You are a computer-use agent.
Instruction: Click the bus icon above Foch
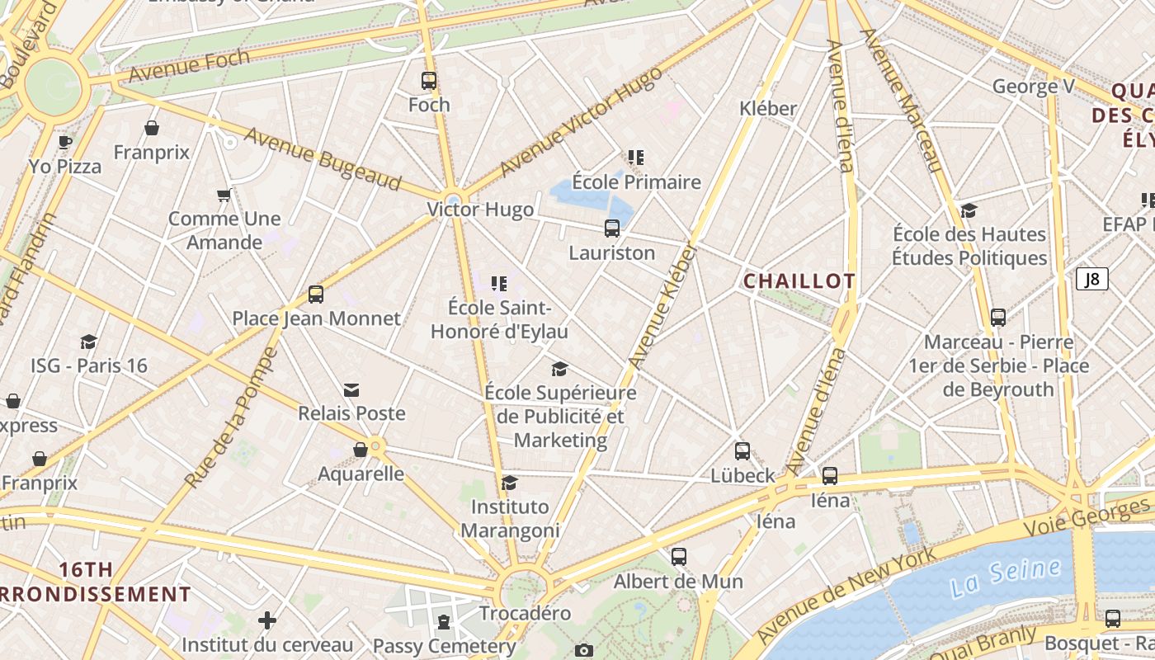click(x=429, y=81)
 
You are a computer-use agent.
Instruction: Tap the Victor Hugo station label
click(x=480, y=210)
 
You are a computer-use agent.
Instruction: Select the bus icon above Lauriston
click(x=611, y=229)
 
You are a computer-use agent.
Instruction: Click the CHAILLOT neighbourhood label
click(x=799, y=281)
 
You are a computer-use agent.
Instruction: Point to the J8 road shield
click(x=1091, y=279)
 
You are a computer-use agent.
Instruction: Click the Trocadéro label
click(x=525, y=613)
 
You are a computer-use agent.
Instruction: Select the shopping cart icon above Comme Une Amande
click(x=224, y=196)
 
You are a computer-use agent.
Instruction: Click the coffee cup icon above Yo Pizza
click(x=65, y=142)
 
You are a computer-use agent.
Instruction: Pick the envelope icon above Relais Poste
click(x=351, y=389)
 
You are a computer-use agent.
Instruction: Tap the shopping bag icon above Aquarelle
click(x=361, y=450)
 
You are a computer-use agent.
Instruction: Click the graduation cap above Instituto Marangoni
click(x=510, y=482)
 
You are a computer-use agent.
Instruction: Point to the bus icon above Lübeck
click(x=742, y=451)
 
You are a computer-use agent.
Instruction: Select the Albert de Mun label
click(x=678, y=581)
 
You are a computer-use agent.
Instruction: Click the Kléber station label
click(x=768, y=108)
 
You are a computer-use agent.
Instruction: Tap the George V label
click(x=1033, y=87)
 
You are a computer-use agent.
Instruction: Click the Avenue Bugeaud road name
click(x=323, y=158)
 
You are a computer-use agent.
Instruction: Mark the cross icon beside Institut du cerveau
click(x=266, y=620)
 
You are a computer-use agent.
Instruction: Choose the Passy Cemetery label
click(x=444, y=646)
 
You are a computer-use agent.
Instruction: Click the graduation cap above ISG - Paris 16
click(x=88, y=342)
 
